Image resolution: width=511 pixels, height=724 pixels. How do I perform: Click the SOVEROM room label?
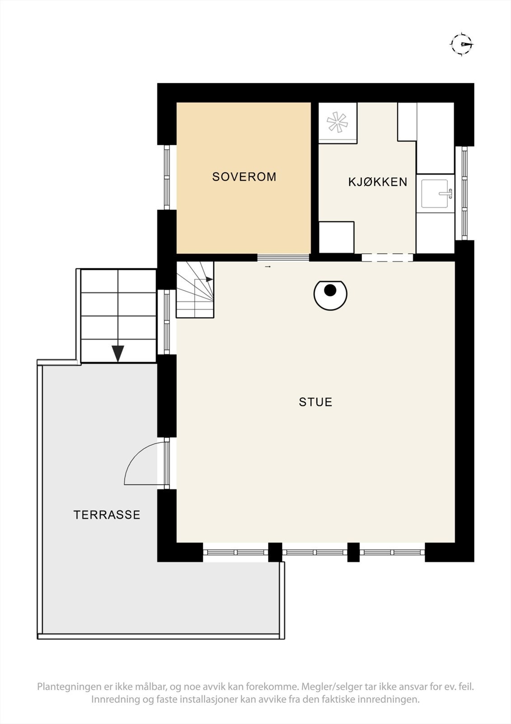[x=244, y=176]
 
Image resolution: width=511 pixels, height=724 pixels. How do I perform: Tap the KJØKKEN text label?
[x=378, y=182]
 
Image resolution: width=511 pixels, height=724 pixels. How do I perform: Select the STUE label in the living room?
[x=315, y=402]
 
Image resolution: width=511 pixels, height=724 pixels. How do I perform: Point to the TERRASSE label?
[x=107, y=515]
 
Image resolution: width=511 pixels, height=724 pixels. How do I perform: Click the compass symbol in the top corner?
[x=462, y=44]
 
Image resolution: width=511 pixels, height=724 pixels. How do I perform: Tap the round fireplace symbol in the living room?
[x=330, y=294]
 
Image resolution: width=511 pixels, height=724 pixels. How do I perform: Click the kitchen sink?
[x=435, y=193]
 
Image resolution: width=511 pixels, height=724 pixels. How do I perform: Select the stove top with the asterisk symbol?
[x=338, y=123]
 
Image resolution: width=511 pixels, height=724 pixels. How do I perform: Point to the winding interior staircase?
[x=195, y=290]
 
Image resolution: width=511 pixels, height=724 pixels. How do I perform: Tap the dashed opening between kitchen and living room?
[x=387, y=257]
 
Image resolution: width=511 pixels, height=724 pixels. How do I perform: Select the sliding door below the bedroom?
[x=283, y=258]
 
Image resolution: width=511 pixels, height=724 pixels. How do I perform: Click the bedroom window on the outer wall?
[x=167, y=177]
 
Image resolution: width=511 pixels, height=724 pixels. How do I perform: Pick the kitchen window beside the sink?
[x=464, y=193]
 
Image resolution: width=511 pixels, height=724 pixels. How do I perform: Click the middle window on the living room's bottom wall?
[x=315, y=552]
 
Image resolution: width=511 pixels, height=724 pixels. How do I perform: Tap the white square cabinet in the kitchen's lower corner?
[x=336, y=237]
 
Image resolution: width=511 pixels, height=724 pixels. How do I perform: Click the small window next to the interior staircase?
[x=167, y=322]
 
